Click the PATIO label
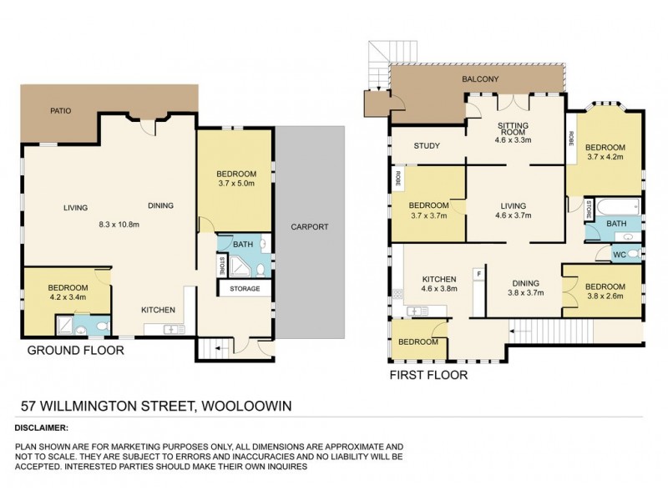pyautogui.click(x=59, y=109)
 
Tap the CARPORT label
pyautogui.click(x=310, y=226)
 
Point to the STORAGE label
pyautogui.click(x=245, y=289)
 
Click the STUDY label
pyautogui.click(x=427, y=146)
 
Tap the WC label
pyautogui.click(x=619, y=254)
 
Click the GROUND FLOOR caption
pyautogui.click(x=76, y=351)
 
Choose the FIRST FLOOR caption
pyautogui.click(x=428, y=375)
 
